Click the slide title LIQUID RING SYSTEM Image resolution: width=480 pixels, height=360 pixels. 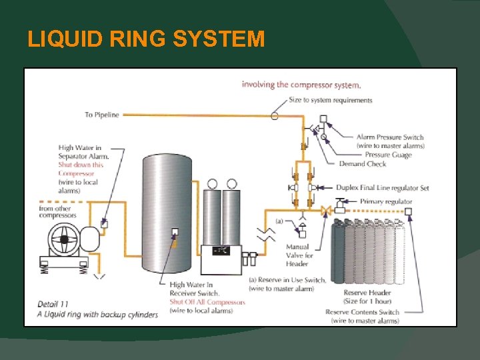click(146, 39)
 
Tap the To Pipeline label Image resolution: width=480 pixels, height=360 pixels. click(101, 115)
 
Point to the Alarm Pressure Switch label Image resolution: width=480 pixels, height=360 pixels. click(390, 137)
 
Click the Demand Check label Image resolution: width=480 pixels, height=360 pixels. click(363, 163)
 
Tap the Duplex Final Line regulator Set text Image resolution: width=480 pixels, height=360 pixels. click(383, 188)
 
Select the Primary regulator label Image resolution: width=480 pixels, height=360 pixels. click(386, 201)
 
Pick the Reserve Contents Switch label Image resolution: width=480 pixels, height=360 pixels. click(362, 312)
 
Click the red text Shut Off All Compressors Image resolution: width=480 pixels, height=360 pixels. click(207, 302)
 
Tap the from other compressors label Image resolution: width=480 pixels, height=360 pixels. click(55, 212)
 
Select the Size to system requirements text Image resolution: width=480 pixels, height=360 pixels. click(330, 100)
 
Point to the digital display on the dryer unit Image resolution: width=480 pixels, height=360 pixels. click(221, 251)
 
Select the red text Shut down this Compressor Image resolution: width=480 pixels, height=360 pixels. click(81, 169)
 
